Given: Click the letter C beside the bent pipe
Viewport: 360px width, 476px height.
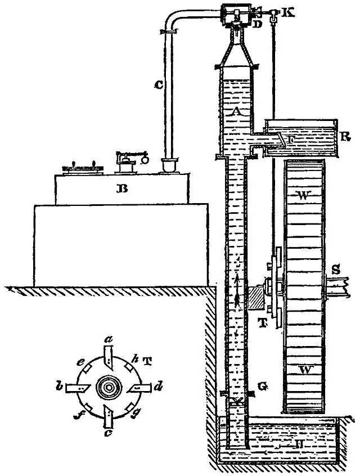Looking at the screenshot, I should click(x=159, y=86).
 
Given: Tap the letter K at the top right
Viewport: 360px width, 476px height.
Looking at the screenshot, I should click(x=291, y=11).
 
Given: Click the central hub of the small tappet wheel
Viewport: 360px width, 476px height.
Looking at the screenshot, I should click(x=107, y=388).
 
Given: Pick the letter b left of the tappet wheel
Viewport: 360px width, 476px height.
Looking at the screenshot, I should click(x=58, y=388).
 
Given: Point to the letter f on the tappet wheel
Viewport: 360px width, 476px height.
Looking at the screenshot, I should click(x=76, y=416).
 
